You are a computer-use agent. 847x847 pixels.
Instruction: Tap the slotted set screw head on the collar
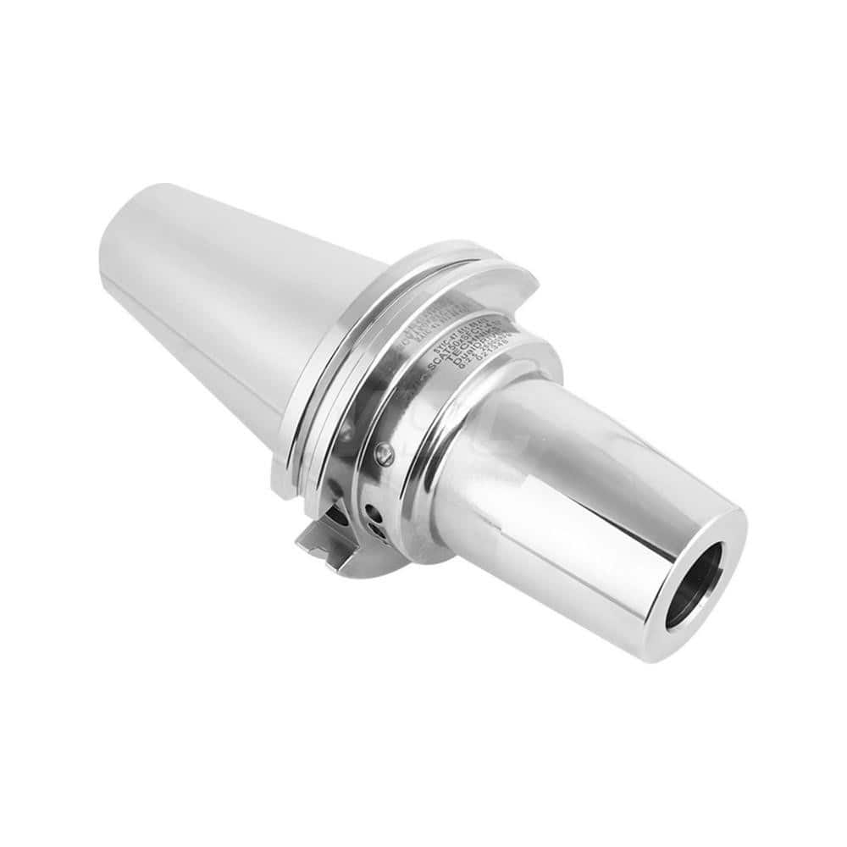point(384,454)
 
